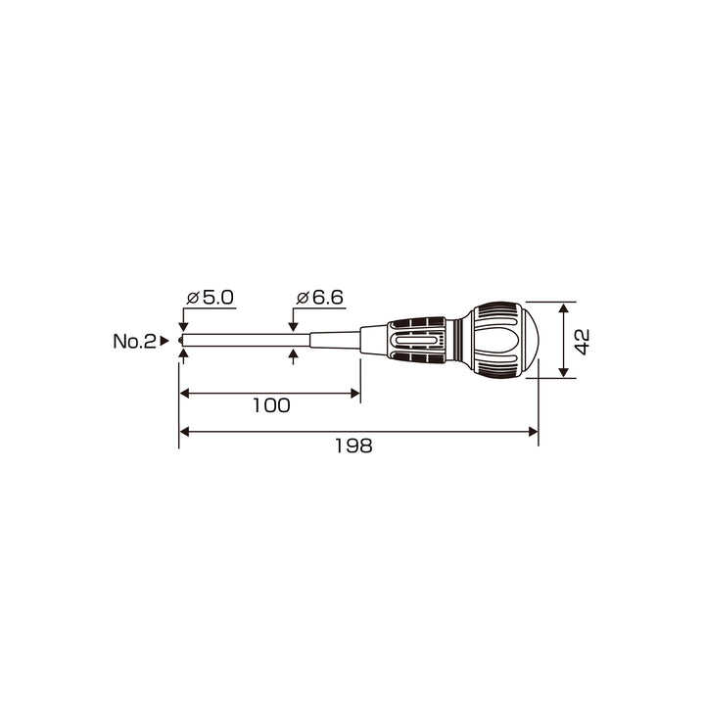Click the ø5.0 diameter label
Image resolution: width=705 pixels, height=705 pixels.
pos(210,298)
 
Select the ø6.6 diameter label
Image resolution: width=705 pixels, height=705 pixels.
pos(319,298)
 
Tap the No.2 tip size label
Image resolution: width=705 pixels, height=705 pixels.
pos(134,342)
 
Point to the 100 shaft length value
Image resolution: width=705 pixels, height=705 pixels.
pos(271,405)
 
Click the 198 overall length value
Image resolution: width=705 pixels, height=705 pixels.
pos(353,446)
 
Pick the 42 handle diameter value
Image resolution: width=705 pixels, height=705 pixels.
pos(583,342)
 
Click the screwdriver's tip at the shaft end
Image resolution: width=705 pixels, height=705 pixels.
pos(181,341)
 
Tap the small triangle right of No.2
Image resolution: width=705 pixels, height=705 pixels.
pos(164,341)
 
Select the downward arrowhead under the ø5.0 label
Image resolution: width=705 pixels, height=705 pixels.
pos(183,328)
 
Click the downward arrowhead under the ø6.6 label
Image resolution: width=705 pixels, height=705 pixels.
pos(293,328)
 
